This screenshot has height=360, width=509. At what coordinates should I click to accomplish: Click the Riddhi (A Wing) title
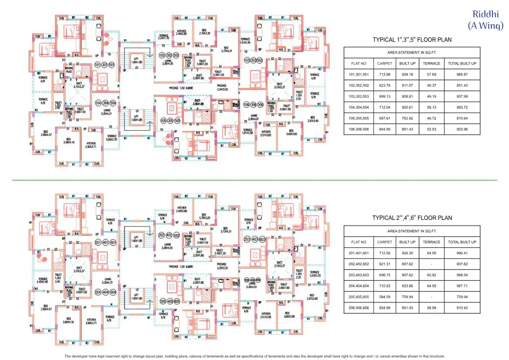(x=486, y=20)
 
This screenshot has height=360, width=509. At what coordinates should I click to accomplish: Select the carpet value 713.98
(x=384, y=75)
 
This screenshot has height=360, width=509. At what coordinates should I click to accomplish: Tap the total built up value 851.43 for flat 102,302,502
(x=462, y=86)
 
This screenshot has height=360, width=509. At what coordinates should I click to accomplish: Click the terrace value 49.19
(x=431, y=96)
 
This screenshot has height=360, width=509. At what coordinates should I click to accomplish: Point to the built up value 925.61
(x=407, y=107)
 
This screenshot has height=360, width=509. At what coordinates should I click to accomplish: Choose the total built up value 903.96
(x=462, y=129)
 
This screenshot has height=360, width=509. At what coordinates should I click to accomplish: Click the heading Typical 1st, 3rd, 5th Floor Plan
(x=412, y=40)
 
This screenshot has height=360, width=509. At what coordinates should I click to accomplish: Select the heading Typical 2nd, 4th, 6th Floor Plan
(x=412, y=218)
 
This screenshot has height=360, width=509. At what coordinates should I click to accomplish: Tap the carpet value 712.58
(x=384, y=253)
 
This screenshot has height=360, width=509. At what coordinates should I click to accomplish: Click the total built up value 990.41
(x=462, y=253)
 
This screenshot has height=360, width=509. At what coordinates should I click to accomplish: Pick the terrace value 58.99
(x=431, y=308)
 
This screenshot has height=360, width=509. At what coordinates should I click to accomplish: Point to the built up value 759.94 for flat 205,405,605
(x=407, y=297)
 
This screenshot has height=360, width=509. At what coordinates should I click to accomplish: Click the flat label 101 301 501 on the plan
(x=104, y=65)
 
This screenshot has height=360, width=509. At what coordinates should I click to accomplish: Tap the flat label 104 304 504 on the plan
(x=104, y=103)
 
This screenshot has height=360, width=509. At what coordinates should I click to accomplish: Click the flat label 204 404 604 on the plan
(x=104, y=281)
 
